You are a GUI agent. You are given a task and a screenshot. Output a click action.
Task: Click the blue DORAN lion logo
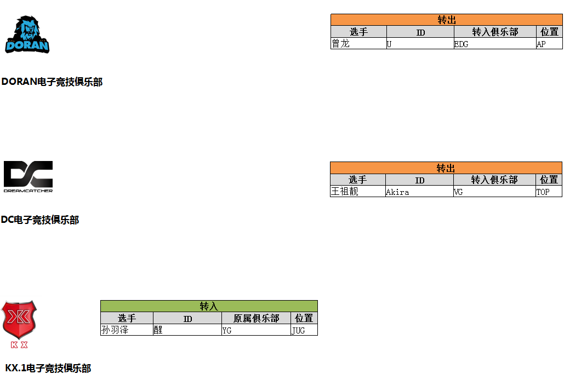(x=27, y=34)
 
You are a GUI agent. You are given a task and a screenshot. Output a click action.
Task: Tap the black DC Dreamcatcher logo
(x=28, y=176)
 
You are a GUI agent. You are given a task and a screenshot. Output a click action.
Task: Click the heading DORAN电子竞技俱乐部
(x=52, y=82)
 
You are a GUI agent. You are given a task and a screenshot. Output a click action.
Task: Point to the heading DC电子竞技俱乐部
(x=40, y=220)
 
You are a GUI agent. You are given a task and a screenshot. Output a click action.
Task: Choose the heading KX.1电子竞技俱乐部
(x=48, y=369)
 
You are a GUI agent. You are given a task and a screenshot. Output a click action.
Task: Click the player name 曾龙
(x=340, y=44)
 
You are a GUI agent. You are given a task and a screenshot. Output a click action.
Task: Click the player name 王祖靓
(x=345, y=192)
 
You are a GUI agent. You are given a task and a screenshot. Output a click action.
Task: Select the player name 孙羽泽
(x=115, y=330)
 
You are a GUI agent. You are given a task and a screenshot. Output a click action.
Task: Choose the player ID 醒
(x=158, y=330)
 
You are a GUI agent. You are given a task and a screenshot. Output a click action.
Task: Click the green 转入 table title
(x=209, y=307)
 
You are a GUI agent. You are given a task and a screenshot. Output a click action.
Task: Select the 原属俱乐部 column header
(x=256, y=318)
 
